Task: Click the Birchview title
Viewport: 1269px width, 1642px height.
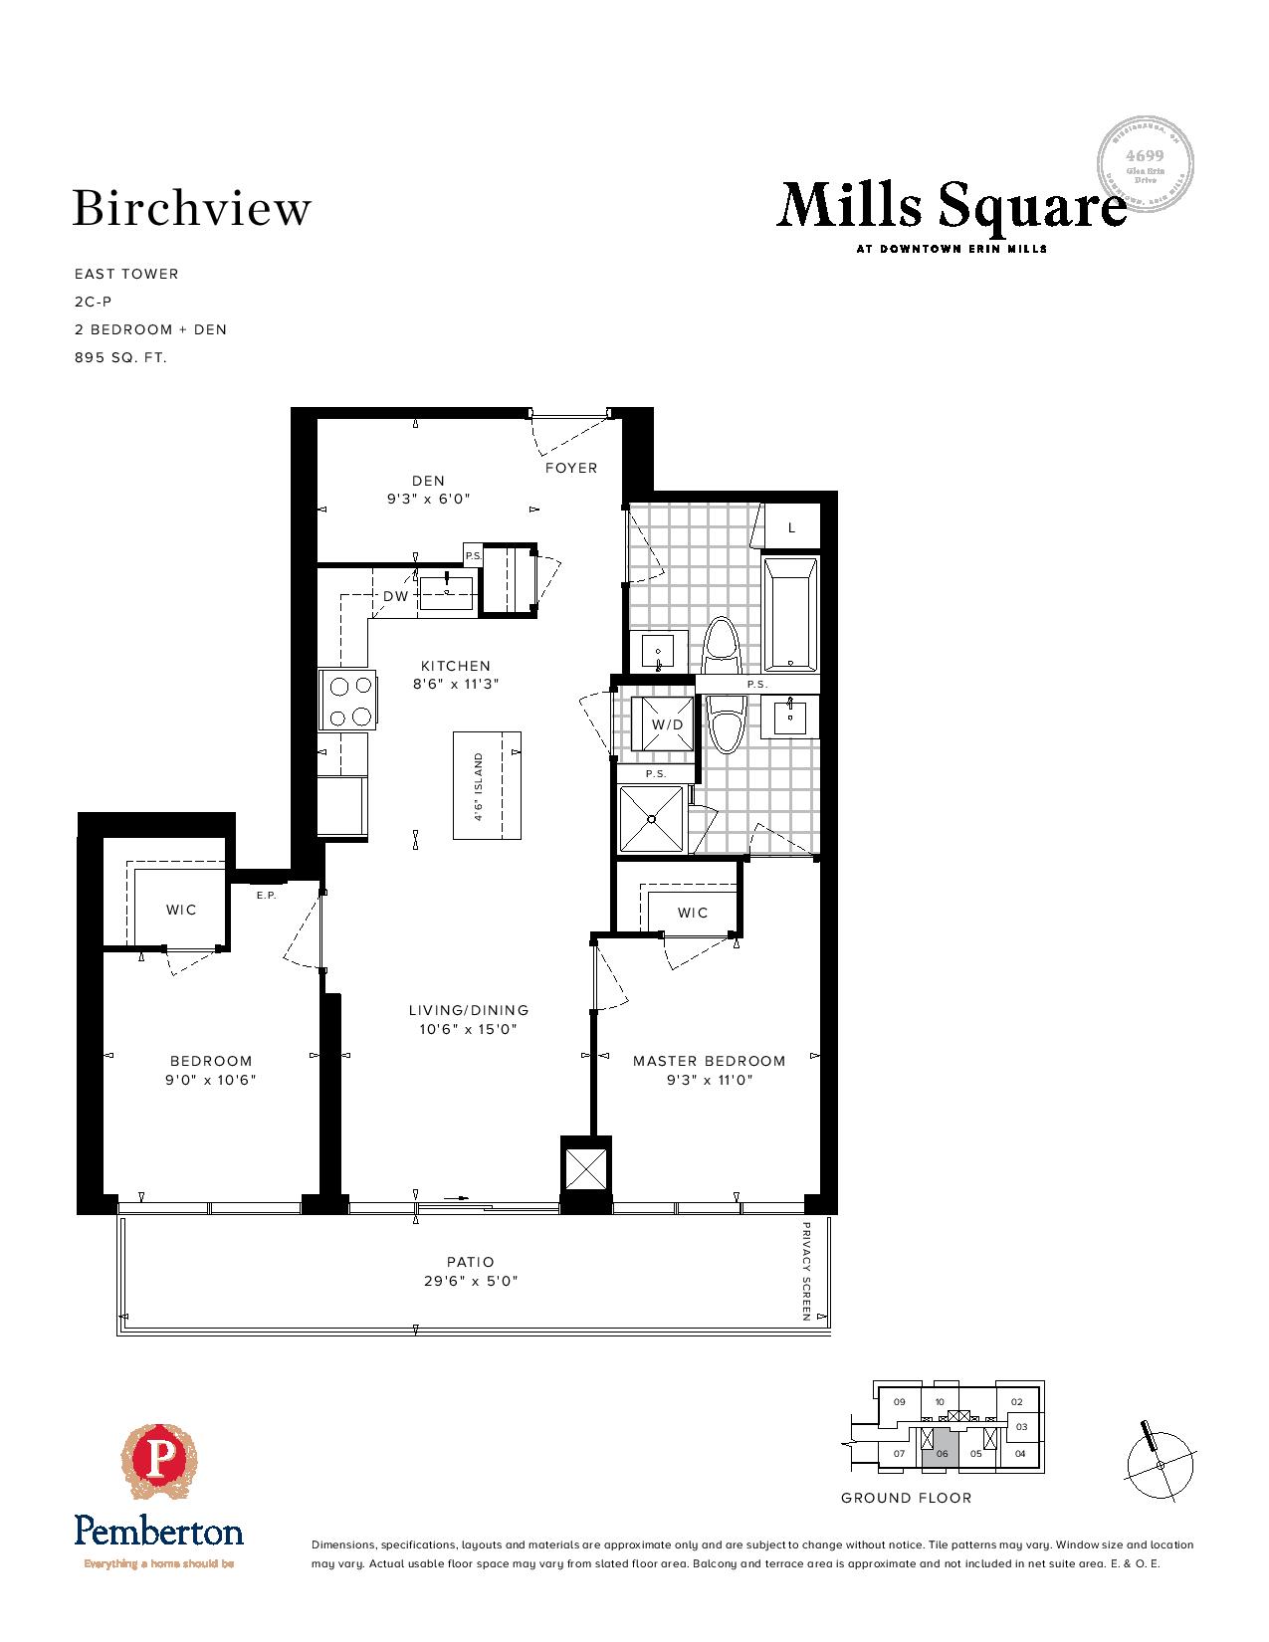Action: (x=192, y=209)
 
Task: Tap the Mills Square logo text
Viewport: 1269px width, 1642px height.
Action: (x=951, y=207)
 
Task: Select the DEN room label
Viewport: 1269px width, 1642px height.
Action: (x=428, y=481)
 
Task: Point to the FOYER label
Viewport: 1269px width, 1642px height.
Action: (x=571, y=468)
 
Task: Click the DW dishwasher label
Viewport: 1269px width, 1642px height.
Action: (x=395, y=597)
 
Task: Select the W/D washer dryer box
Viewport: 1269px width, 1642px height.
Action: (x=668, y=724)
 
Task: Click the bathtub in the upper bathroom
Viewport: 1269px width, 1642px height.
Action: (x=790, y=614)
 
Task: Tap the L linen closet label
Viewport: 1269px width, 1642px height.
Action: (x=792, y=528)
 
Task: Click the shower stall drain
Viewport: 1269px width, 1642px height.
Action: (x=651, y=819)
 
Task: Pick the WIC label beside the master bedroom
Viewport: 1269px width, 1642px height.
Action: (x=693, y=913)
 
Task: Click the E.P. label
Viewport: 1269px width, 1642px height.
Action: (x=265, y=896)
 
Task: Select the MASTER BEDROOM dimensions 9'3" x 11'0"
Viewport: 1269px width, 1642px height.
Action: (x=709, y=1080)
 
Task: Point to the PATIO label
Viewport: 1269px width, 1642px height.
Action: (x=471, y=1262)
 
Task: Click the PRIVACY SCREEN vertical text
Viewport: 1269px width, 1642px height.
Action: (x=807, y=1272)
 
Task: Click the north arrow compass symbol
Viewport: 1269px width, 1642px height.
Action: (x=1160, y=1465)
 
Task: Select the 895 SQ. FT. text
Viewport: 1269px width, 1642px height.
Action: (x=120, y=357)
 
